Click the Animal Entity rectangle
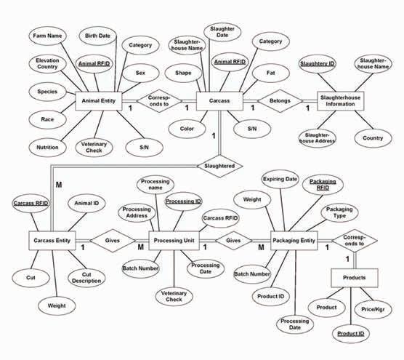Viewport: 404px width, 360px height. coord(99,101)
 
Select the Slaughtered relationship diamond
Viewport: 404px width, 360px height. coord(219,166)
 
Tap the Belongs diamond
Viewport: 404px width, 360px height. coord(280,101)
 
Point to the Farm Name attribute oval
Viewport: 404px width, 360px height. coord(47,36)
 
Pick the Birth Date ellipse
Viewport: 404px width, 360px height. coord(97,36)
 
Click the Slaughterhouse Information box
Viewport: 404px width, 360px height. coord(340,101)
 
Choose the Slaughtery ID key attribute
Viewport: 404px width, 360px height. coord(318,64)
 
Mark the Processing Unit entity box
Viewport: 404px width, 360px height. coord(174,241)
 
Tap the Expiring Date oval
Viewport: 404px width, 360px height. coord(280,179)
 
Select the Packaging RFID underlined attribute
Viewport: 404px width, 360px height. coord(323,185)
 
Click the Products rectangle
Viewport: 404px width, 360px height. coord(355,278)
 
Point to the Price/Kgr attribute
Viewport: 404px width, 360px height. coord(373,310)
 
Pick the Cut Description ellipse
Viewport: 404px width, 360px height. coord(86,278)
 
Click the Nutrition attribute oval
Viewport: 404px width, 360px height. coord(47,148)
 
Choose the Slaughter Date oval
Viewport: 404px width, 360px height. coord(222,32)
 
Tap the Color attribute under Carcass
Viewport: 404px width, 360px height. coord(187,129)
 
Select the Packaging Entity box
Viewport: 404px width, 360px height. coord(294,241)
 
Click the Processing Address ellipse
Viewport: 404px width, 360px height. coord(137,213)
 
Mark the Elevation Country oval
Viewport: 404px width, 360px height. coord(47,64)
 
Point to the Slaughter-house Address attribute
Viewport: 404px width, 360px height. coord(318,138)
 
